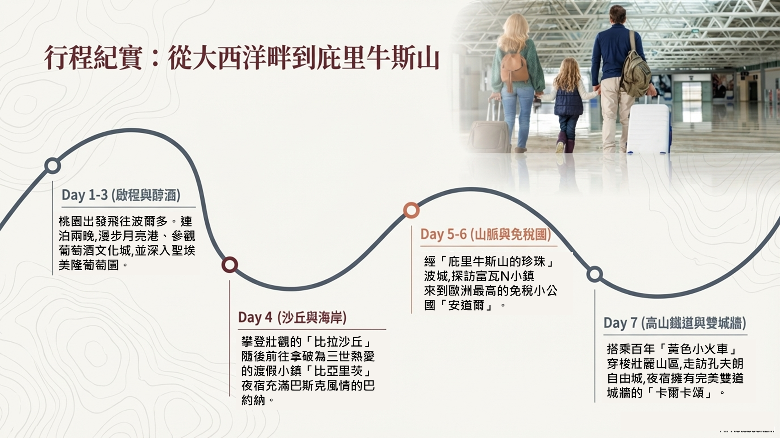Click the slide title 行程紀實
(x=93, y=57)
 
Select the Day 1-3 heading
(x=121, y=195)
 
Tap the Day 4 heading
(x=292, y=318)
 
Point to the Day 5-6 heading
(x=486, y=235)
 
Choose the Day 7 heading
(x=675, y=323)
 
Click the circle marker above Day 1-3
(x=53, y=166)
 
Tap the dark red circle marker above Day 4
(x=229, y=265)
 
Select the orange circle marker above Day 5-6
(x=411, y=210)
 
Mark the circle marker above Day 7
(x=594, y=275)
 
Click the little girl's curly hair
(x=568, y=74)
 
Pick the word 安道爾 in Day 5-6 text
(x=466, y=305)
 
